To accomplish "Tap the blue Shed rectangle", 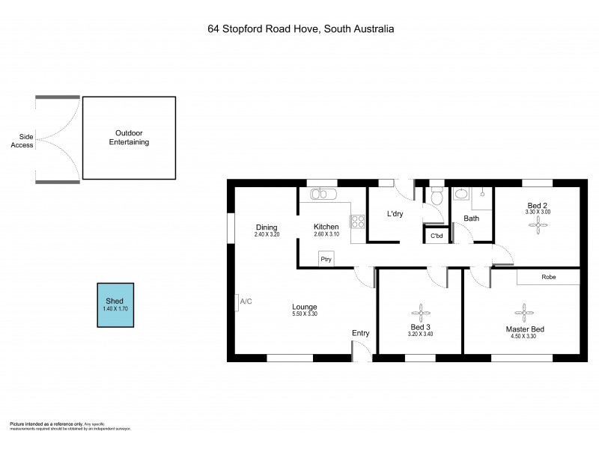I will (x=116, y=305).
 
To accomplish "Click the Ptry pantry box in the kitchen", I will (x=326, y=259).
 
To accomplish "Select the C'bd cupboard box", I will (x=436, y=236).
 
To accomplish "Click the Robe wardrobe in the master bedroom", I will (x=548, y=276).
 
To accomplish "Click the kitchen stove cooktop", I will (x=358, y=221).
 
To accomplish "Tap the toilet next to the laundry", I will (x=437, y=195).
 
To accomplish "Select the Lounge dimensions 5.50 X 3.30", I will (x=305, y=314).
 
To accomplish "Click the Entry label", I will (x=360, y=333).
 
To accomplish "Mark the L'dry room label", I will (x=395, y=215).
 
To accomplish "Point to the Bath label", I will (x=471, y=219).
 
